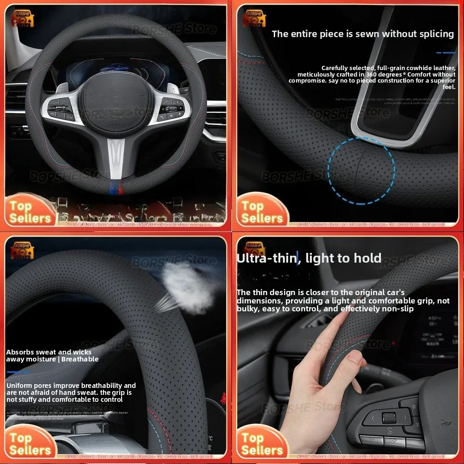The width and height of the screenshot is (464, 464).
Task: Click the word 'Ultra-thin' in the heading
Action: [266, 258]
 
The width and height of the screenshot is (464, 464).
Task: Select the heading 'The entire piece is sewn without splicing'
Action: [362, 34]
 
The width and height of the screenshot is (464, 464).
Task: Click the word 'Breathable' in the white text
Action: [80, 359]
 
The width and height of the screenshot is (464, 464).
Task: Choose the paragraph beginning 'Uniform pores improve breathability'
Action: [71, 392]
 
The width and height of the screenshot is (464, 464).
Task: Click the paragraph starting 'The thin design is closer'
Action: [342, 300]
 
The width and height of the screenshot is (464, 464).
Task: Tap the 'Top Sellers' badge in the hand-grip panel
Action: [262, 444]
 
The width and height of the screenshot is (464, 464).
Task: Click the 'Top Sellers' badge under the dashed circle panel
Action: [262, 212]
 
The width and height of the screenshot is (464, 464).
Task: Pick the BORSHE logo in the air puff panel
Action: [22, 253]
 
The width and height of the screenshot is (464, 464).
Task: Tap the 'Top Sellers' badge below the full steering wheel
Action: [30, 212]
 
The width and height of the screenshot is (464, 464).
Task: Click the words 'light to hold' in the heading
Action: [343, 258]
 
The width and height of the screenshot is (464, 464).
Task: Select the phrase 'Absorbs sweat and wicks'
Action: [49, 352]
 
